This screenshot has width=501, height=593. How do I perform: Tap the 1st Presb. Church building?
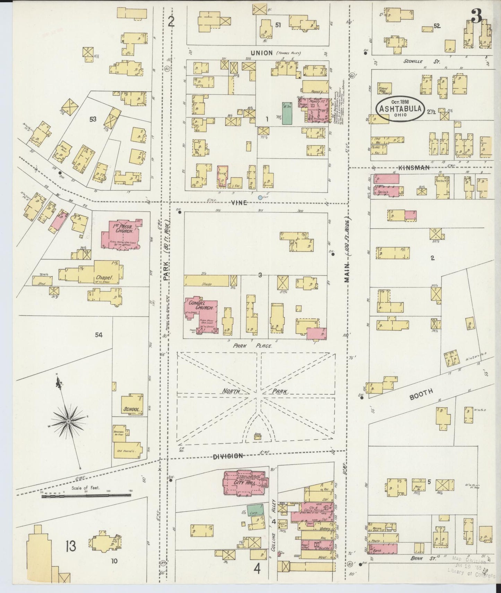pos(121,234)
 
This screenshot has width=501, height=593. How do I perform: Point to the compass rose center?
pos(69,421)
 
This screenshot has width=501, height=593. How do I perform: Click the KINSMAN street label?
pos(414,167)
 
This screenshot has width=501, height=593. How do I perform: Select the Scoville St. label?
pos(421,61)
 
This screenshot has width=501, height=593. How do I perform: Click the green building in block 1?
pos(287,113)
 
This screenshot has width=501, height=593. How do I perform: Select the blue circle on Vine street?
pos(260,197)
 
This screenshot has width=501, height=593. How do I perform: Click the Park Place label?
pos(252,345)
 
